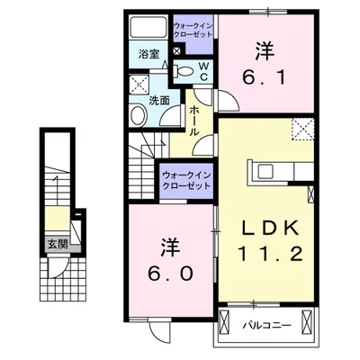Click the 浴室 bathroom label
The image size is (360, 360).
click(149, 54)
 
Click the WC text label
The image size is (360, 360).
click(202, 70)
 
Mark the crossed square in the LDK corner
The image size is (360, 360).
click(303, 131)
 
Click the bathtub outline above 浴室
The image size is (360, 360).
click(149, 28)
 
